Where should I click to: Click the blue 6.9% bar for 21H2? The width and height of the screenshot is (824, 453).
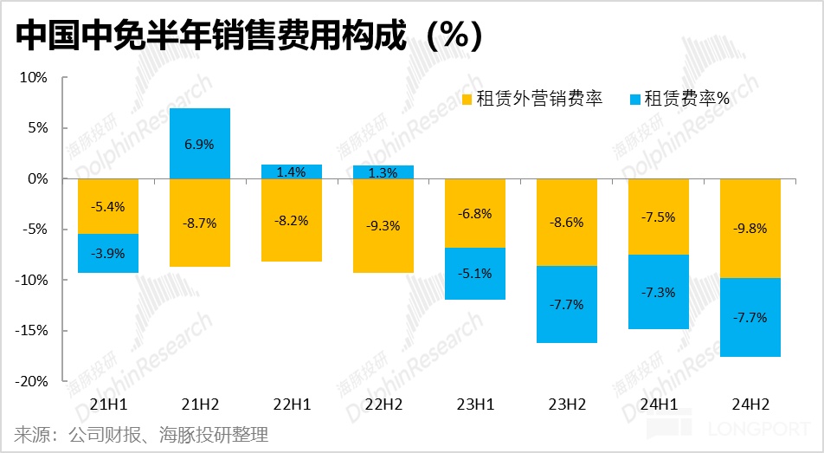(x=200, y=143)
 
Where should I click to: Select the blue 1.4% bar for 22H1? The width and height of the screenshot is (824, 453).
(x=292, y=171)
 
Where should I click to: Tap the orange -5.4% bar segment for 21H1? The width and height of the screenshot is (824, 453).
(x=108, y=206)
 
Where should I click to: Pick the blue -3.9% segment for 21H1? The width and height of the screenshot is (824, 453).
(x=108, y=254)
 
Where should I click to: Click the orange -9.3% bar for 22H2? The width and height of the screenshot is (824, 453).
(x=383, y=226)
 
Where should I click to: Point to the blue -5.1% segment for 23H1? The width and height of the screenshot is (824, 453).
(x=475, y=274)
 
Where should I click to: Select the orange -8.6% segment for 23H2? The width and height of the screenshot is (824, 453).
(x=567, y=223)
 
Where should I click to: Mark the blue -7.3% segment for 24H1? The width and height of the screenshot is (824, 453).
(x=659, y=292)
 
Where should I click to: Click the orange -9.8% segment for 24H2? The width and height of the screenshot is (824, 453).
(x=750, y=229)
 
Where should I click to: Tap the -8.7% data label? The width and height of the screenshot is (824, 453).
(x=200, y=223)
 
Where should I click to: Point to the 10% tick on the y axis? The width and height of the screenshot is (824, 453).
(x=34, y=77)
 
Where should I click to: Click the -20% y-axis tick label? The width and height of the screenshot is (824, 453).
(x=32, y=381)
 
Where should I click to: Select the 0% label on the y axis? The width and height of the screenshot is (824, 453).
(x=37, y=178)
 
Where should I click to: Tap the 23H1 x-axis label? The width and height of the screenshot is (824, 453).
(x=475, y=404)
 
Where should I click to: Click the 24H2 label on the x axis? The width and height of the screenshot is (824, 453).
(x=750, y=404)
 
